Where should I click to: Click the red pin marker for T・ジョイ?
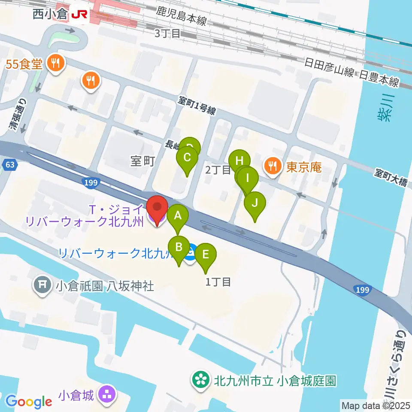click(157, 209)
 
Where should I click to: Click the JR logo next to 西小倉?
click(79, 15)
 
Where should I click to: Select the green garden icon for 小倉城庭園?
click(201, 380)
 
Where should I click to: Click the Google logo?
click(28, 402)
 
